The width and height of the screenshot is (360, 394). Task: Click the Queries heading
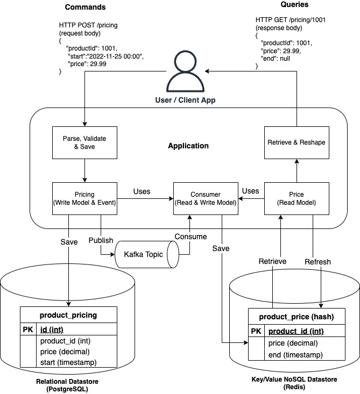295,5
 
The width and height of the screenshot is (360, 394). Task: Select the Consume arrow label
190,237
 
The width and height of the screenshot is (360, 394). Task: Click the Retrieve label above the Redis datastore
272,262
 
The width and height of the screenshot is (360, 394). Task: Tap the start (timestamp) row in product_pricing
68,362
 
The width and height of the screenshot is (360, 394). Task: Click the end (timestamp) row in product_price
295,355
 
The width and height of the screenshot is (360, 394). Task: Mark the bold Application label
188,146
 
